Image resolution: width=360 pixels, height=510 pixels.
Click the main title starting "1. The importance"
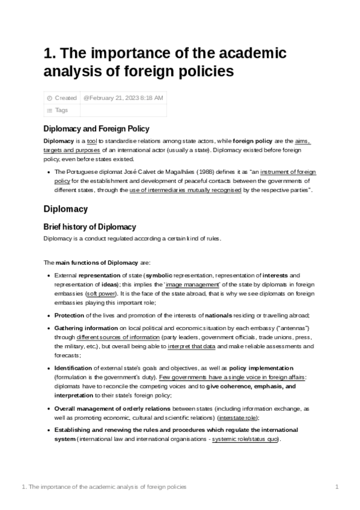165,63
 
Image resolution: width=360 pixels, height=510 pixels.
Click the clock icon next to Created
49,97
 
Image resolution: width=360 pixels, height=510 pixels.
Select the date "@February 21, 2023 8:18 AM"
123,97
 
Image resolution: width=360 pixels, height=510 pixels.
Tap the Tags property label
61,110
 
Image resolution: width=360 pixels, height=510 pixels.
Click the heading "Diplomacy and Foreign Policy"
96,129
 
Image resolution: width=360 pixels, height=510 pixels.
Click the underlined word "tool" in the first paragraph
92,141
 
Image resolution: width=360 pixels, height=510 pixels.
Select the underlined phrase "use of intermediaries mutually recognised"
185,190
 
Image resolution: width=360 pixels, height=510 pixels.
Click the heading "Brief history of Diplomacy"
90,227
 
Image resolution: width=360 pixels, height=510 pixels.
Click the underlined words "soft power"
102,294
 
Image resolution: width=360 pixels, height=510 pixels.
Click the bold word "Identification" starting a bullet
73,367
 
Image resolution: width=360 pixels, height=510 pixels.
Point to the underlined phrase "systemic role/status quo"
246,439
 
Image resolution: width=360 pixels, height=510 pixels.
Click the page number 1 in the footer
337,486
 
